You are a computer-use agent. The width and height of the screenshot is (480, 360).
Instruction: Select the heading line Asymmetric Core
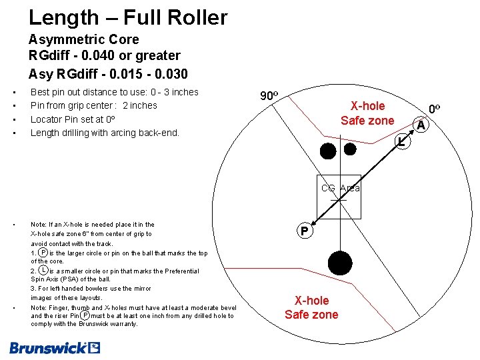pos(84,39)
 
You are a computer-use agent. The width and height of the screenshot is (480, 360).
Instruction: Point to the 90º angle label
pos(269,96)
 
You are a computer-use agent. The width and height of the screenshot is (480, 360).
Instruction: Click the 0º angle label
pos(435,109)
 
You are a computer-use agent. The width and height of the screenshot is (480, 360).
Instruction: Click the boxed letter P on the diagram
pos(304,232)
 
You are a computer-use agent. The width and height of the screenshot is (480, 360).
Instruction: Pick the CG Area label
pos(340,188)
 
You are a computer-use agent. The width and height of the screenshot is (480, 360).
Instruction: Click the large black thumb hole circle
pos(341,262)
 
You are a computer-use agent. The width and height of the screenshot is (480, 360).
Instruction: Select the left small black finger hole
pos(327,151)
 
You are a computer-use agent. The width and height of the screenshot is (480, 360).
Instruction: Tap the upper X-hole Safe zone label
pos(367,113)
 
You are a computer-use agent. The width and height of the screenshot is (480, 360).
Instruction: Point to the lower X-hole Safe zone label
pos(311,308)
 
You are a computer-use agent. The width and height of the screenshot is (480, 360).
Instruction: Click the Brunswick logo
pos(55,347)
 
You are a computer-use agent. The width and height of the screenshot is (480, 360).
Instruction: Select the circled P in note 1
pos(43,253)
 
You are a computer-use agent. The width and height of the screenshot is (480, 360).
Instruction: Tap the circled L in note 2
pos(43,271)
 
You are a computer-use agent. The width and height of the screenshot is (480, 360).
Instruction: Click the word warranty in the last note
pos(123,324)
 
